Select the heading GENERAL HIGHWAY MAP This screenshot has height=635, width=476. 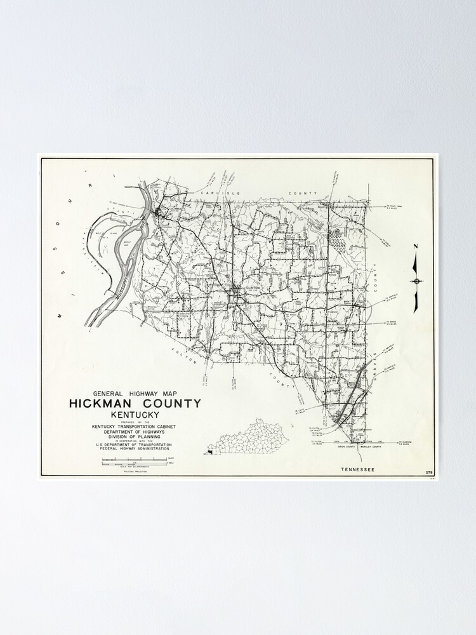point(135,393)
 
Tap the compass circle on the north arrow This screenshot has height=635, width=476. point(416,281)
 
